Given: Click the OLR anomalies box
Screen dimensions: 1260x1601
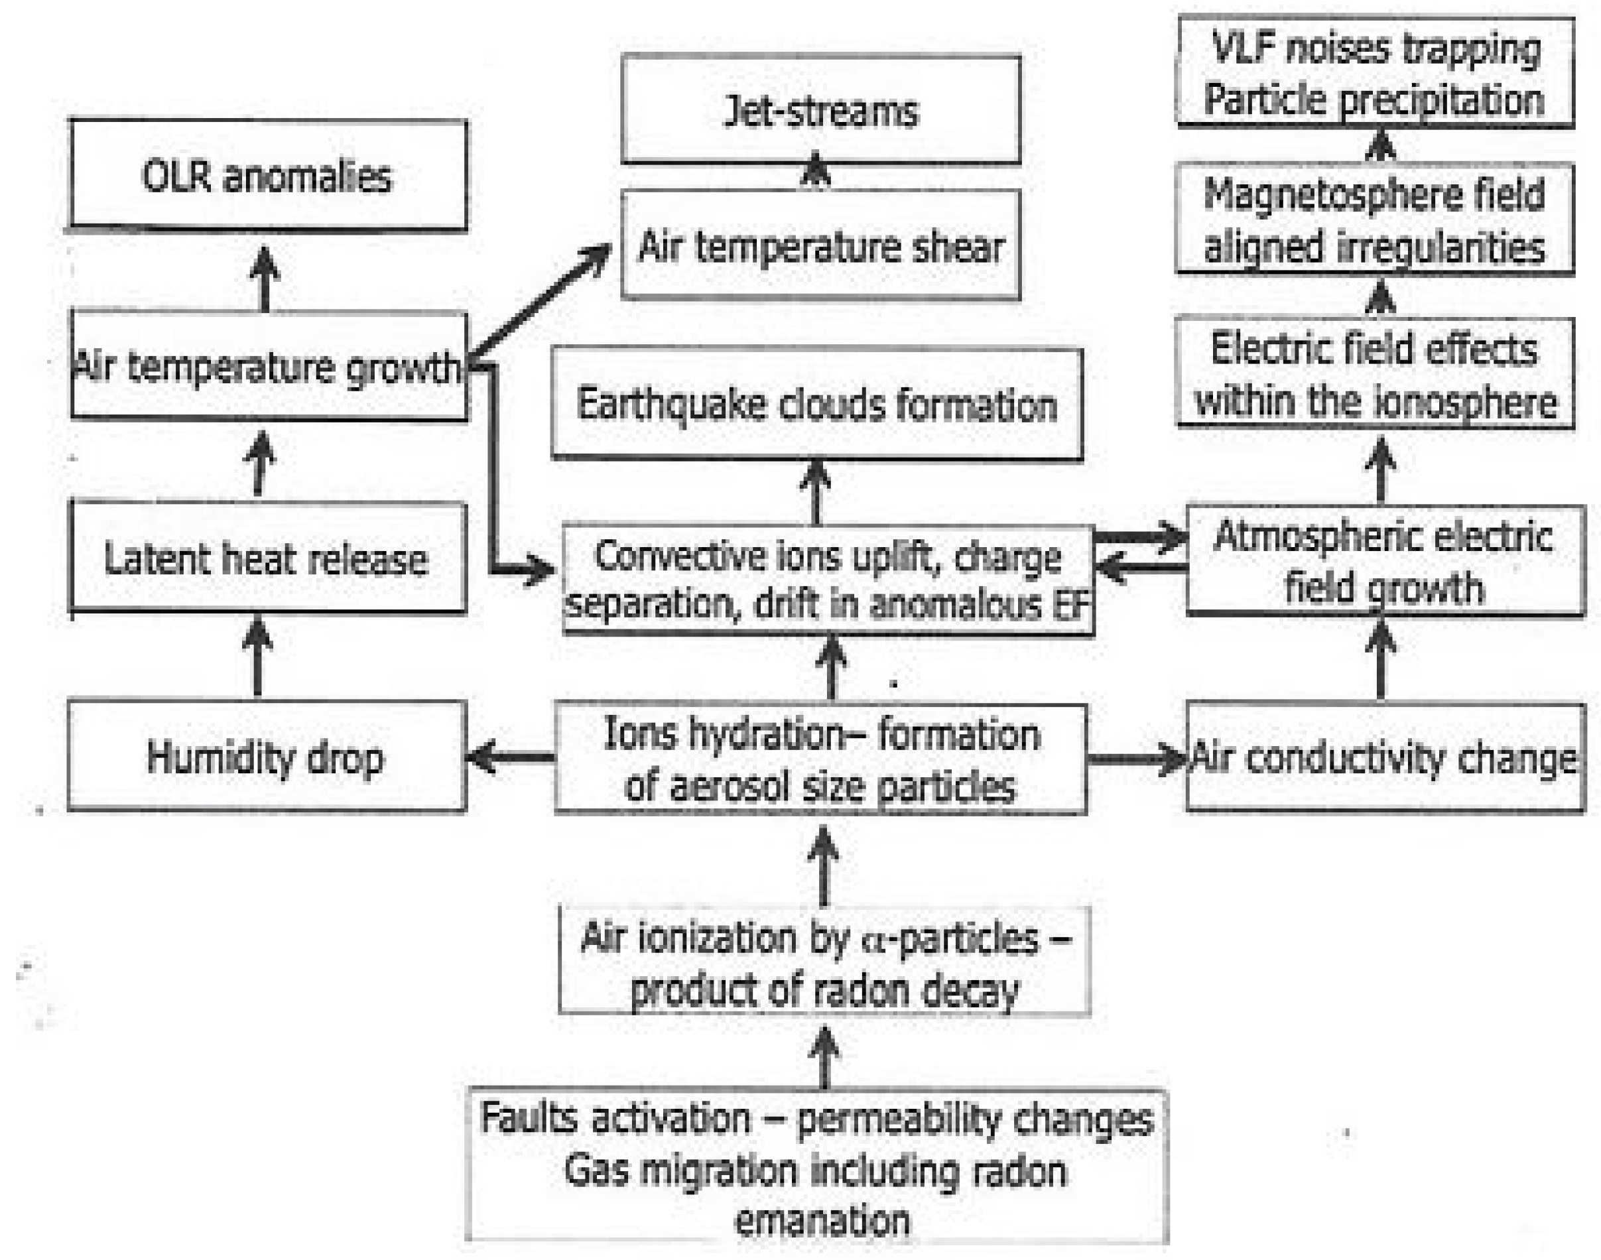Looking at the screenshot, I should coord(267,176).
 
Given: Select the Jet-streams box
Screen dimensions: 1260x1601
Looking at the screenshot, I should coord(820,111).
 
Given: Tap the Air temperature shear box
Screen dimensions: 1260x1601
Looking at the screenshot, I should coord(820,245).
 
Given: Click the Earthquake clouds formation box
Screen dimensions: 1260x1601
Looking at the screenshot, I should coord(816,405).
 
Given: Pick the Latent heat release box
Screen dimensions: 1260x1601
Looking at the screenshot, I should coord(267,558).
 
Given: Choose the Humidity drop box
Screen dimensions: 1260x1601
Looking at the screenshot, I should coord(265,757).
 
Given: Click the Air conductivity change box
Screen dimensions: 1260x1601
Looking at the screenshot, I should coord(1384,759).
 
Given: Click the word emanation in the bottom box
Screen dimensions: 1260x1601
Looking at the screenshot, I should coord(822,1220).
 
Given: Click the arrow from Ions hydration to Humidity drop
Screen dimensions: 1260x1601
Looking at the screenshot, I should coord(511,757).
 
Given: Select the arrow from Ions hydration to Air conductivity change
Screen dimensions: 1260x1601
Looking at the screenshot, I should coord(1136,759).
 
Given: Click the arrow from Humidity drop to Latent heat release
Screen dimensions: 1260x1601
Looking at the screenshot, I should coord(257,657).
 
